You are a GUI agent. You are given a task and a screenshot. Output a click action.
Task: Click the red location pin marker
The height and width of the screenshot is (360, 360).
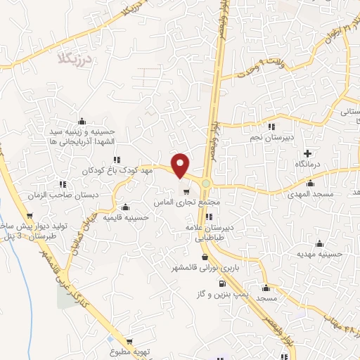click(181, 165)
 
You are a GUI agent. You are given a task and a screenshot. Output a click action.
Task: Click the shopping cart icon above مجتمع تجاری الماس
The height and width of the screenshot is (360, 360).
click(186, 191)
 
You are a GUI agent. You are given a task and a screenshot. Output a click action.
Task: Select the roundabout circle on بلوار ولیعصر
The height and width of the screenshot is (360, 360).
click(205, 184)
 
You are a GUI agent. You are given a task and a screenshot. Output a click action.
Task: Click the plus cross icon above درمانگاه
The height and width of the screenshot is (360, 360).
click(307, 153)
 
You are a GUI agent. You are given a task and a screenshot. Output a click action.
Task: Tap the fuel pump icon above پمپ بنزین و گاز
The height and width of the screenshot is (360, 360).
click(222, 283)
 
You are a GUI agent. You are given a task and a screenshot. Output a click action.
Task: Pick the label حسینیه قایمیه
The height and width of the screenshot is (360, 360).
click(126, 217)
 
